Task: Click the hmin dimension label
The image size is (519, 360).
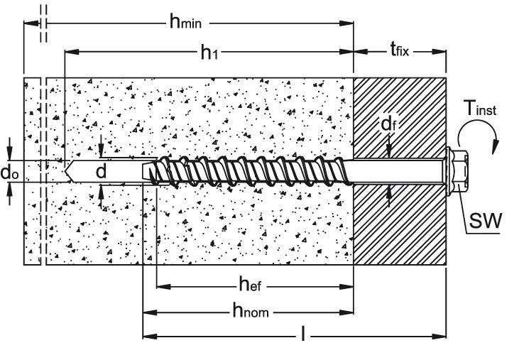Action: (185, 22)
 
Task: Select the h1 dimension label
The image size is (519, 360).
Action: (207, 52)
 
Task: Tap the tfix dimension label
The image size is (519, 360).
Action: (401, 50)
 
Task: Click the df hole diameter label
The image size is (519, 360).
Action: (388, 125)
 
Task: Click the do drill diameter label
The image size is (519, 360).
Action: (9, 173)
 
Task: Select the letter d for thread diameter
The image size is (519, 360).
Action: (102, 172)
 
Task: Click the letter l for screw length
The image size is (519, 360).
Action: (304, 334)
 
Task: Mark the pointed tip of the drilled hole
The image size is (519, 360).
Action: (65, 171)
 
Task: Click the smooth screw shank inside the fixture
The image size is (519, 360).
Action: (398, 173)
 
